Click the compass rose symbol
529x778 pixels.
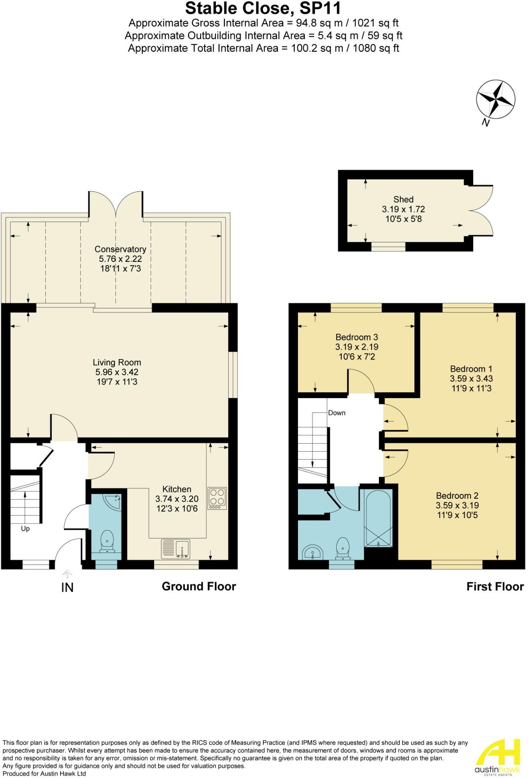click(496, 99)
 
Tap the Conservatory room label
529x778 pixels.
click(120, 249)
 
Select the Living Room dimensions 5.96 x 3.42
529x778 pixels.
click(117, 372)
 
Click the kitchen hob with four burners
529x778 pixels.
click(217, 498)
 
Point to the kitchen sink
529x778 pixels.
click(176, 549)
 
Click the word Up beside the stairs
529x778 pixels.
click(25, 529)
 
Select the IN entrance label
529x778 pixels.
click(67, 587)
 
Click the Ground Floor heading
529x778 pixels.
click(199, 586)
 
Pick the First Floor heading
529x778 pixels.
click(495, 587)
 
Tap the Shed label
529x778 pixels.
click(403, 199)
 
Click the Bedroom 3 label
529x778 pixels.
click(357, 337)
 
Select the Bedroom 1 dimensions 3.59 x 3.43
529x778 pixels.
click(471, 379)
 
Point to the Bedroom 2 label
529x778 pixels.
click(457, 496)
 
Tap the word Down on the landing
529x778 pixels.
click(337, 413)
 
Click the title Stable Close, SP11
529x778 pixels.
click(263, 8)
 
